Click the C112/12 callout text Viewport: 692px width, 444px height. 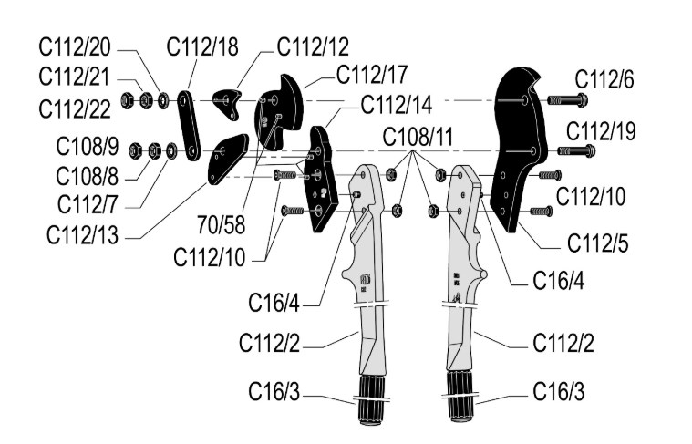point(313,46)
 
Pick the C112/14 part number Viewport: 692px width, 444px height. point(396,103)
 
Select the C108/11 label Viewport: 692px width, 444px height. point(418,139)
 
